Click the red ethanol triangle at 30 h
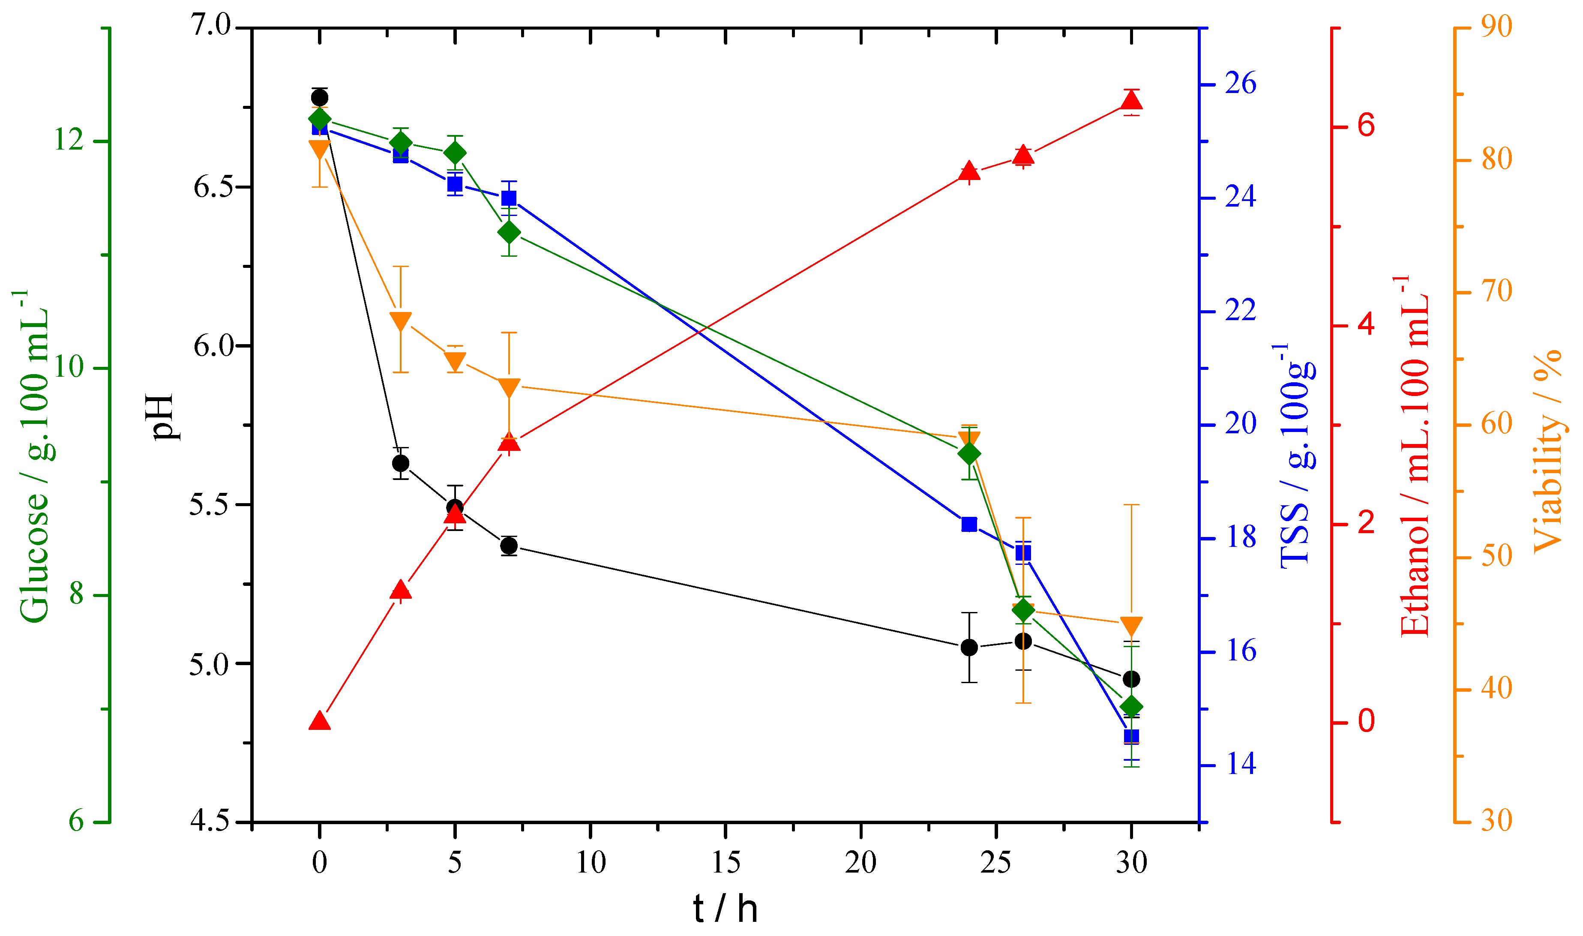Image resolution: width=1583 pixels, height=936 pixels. click(x=1131, y=101)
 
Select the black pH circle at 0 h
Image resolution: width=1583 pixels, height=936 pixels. click(x=320, y=98)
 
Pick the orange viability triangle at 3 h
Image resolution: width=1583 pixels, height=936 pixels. click(x=401, y=321)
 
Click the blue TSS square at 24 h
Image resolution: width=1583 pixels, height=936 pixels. click(x=969, y=525)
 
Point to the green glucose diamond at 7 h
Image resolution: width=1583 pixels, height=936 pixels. click(x=509, y=233)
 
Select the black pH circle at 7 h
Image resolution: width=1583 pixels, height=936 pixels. click(x=509, y=546)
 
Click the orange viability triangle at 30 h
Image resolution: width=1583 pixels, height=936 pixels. click(x=1131, y=626)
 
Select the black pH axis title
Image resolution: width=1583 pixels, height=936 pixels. click(x=163, y=416)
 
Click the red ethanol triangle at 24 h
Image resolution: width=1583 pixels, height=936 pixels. click(x=969, y=171)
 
